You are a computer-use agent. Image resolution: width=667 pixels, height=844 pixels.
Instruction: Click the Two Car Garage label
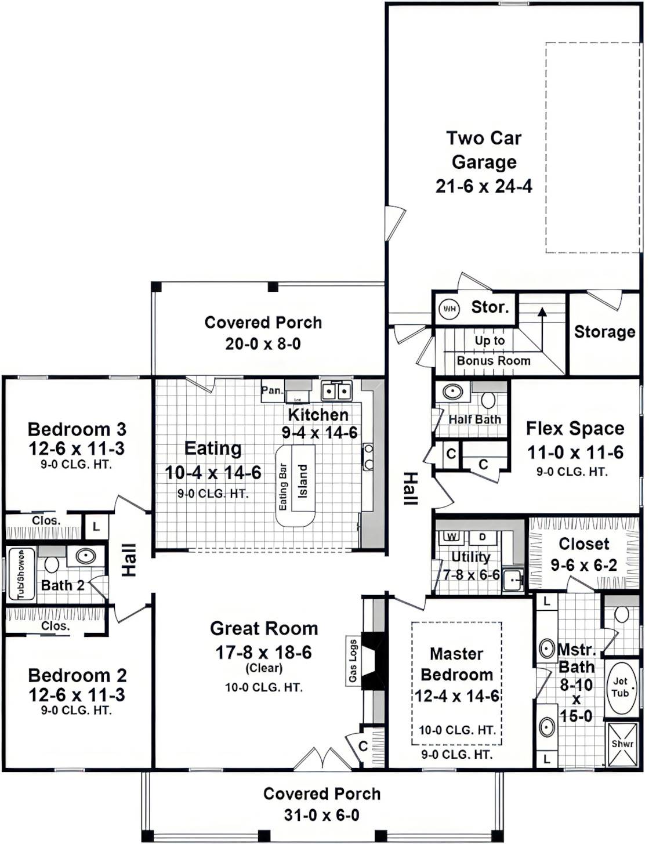point(484,150)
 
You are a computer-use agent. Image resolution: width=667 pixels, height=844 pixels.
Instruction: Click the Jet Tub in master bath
point(620,687)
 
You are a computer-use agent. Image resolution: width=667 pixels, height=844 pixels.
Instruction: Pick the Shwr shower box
point(622,744)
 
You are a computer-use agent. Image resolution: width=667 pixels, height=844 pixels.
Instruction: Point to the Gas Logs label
point(353,661)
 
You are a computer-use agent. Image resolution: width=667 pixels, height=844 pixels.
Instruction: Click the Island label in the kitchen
point(303,481)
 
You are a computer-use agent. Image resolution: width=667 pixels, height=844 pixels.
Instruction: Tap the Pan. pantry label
point(272,390)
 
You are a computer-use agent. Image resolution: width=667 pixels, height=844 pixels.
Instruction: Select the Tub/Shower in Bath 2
point(21,574)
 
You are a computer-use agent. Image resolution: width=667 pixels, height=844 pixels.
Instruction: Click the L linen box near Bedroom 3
point(96,527)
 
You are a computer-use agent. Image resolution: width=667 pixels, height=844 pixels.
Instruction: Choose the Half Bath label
point(474,419)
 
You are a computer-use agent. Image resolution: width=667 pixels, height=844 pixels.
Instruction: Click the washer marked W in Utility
point(452,537)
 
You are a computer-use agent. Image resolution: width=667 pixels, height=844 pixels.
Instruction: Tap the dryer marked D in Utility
point(482,537)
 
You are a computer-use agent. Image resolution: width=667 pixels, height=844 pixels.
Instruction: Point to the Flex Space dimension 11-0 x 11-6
point(575,452)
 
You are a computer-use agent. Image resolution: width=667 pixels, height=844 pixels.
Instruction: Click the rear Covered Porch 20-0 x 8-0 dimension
point(263,344)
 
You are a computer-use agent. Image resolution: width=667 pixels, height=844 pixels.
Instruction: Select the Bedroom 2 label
point(77,676)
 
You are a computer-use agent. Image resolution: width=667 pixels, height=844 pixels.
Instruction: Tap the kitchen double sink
point(336,391)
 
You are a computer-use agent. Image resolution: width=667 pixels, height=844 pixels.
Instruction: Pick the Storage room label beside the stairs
point(604,332)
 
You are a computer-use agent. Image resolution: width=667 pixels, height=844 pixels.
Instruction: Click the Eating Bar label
point(283,487)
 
